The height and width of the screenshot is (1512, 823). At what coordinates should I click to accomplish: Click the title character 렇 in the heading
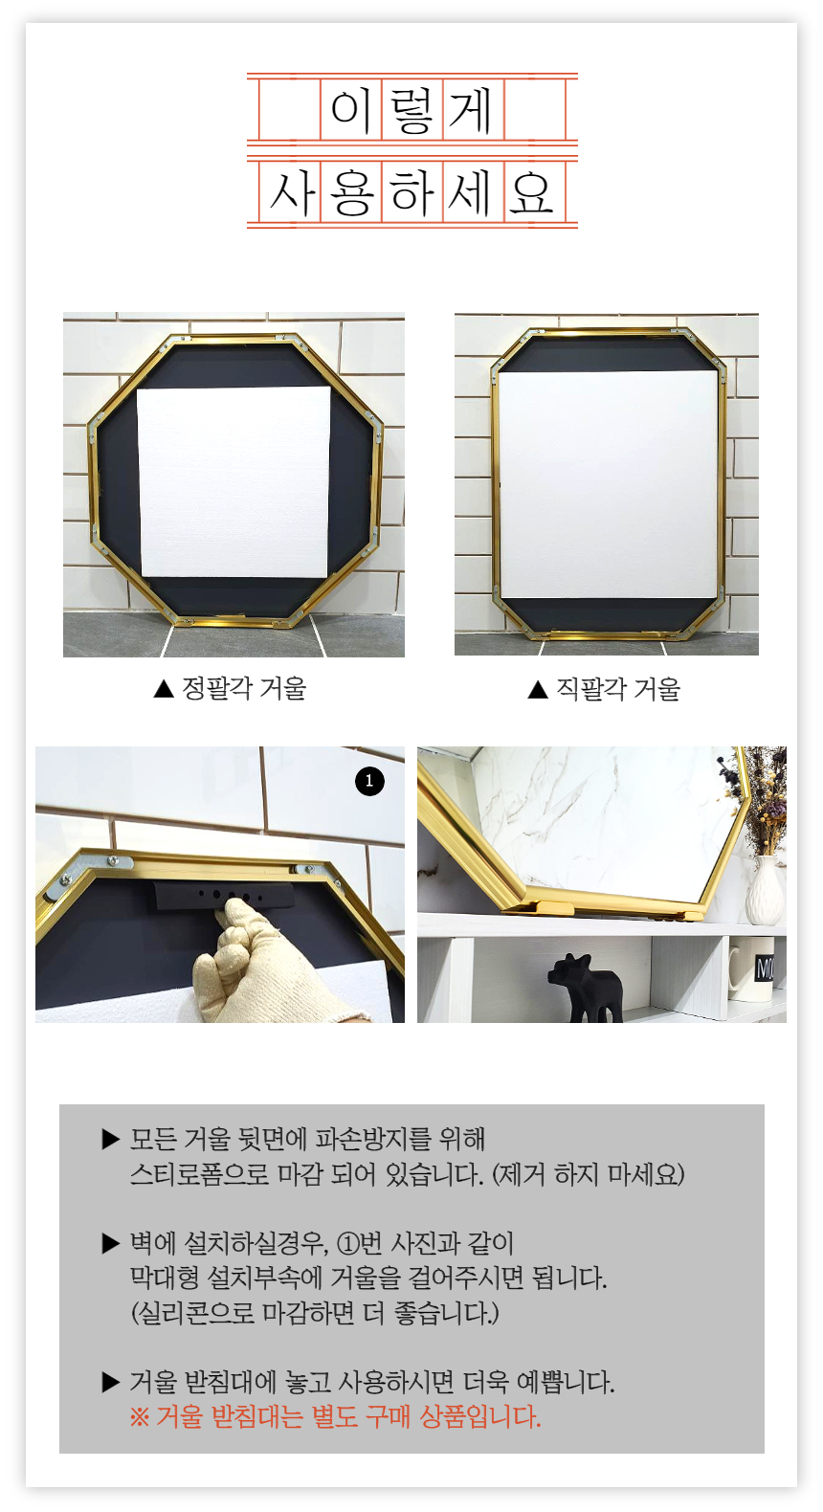click(x=411, y=109)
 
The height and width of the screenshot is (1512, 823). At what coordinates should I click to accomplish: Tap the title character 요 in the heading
click(x=531, y=193)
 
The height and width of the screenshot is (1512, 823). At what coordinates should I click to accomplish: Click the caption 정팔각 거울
click(x=244, y=688)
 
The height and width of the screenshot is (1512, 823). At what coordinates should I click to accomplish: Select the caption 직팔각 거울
click(x=618, y=689)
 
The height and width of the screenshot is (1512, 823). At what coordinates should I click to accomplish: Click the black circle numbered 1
click(x=369, y=781)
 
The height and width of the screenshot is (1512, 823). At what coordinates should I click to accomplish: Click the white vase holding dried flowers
click(x=765, y=889)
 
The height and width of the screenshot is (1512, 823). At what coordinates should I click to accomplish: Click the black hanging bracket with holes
click(x=224, y=897)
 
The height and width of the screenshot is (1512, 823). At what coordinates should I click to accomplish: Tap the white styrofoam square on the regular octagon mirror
click(x=234, y=482)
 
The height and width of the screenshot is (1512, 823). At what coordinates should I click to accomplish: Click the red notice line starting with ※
click(x=336, y=1416)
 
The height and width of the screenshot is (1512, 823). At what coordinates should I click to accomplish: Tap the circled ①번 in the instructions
click(x=359, y=1243)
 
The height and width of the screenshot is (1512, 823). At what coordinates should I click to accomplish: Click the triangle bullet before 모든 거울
click(x=110, y=1140)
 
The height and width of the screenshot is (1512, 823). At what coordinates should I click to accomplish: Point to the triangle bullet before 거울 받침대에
click(x=110, y=1383)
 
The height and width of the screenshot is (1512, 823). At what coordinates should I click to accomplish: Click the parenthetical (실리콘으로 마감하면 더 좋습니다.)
click(x=315, y=1313)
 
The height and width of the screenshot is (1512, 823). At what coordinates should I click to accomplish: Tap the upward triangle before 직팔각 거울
click(x=538, y=689)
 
